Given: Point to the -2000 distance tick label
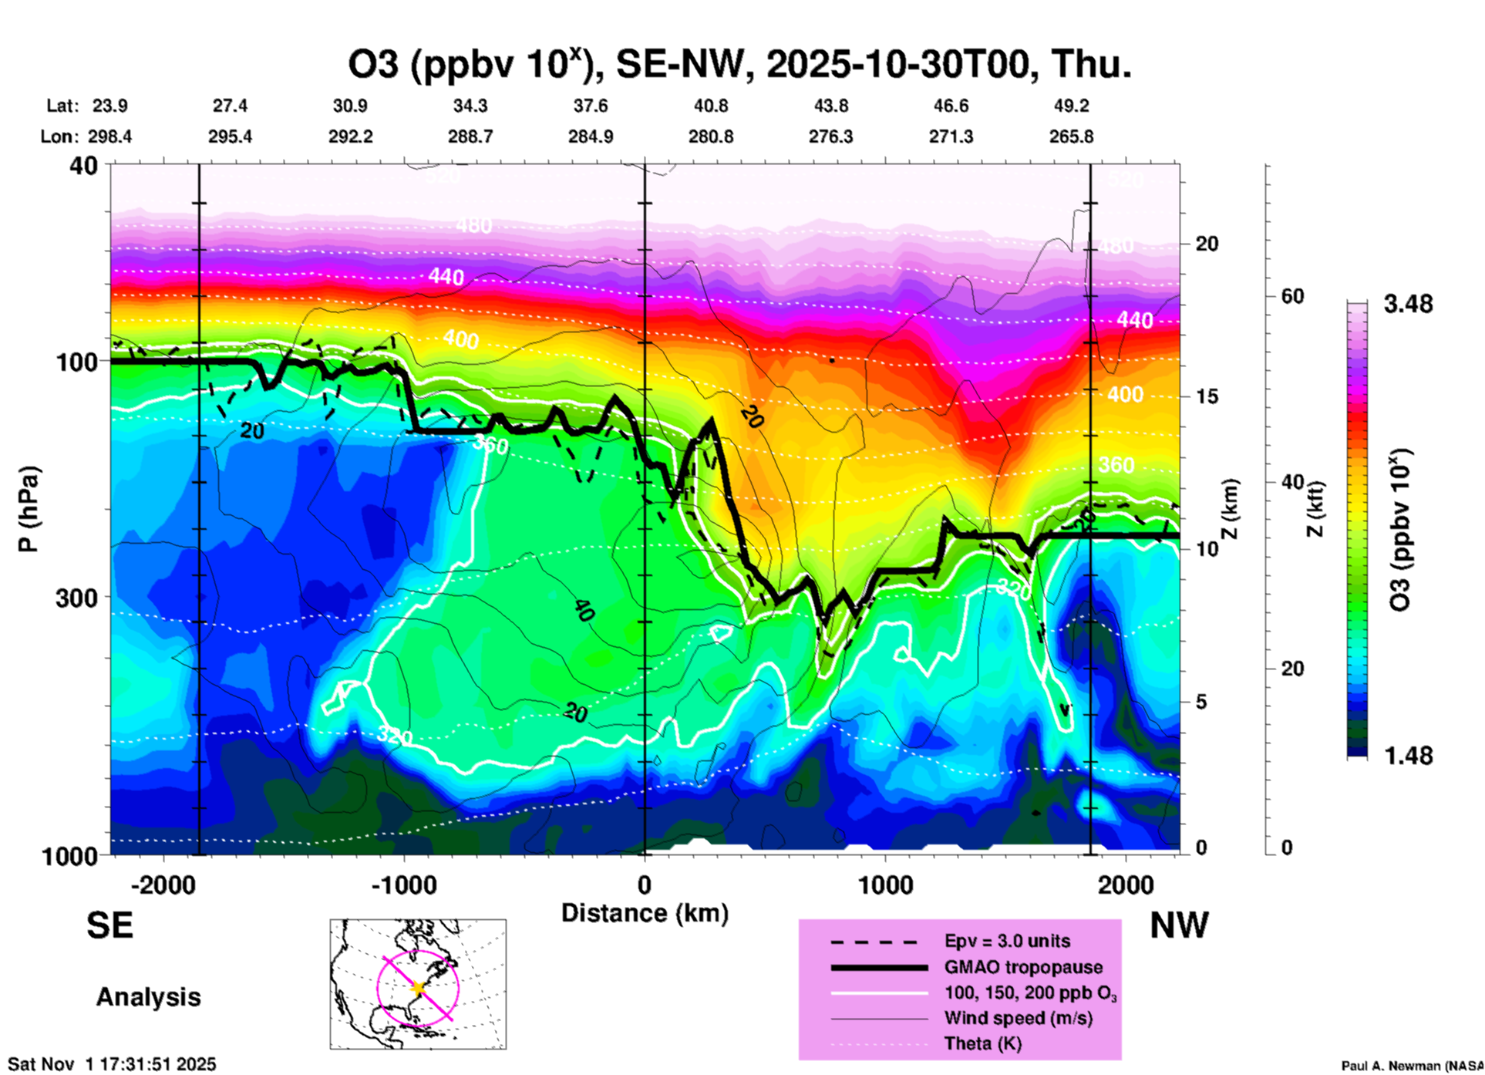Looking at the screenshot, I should (x=163, y=885).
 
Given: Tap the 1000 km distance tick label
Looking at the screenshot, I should (x=885, y=885).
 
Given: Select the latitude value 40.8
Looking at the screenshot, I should (x=710, y=106).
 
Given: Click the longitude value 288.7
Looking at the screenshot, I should (x=470, y=137).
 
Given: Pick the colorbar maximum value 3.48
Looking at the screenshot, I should (x=1408, y=305).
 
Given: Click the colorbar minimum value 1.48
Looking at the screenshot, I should (x=1408, y=756).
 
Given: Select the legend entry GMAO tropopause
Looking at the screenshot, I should (x=1023, y=967).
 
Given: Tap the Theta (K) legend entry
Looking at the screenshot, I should (x=982, y=1043).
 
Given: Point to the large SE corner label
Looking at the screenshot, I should (x=110, y=925).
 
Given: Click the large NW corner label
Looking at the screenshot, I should (x=1179, y=925).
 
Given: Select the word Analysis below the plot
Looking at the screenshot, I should (x=149, y=997).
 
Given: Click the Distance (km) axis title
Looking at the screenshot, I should (x=645, y=913).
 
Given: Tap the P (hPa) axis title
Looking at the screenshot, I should (x=28, y=509).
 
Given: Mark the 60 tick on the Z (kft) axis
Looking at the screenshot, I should (x=1293, y=297).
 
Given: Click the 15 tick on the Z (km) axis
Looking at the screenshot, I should (x=1207, y=396).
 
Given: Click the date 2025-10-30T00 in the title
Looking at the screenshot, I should (x=898, y=65).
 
